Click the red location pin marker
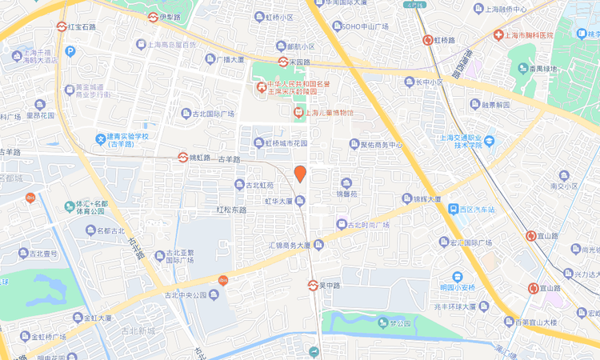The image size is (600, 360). (x=300, y=173)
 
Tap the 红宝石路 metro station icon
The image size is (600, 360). (x=62, y=26)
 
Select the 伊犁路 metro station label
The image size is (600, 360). (x=173, y=17)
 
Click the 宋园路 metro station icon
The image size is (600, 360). (x=283, y=62)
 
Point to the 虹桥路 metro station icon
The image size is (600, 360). (x=428, y=39)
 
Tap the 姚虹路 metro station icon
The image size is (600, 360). (x=182, y=158)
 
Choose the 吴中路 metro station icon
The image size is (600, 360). (x=314, y=285)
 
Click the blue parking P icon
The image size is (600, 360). (x=70, y=51)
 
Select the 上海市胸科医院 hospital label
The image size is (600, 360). (x=530, y=36)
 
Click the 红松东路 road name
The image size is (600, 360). (x=231, y=210)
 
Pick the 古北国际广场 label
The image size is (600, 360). (x=212, y=114)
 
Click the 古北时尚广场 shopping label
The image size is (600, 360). (x=367, y=224)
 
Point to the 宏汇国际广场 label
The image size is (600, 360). (x=478, y=242)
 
